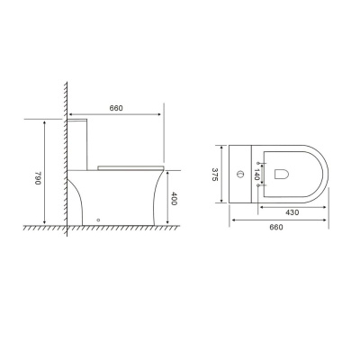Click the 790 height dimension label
click(x=38, y=178)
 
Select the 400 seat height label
click(x=174, y=199)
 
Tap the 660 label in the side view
click(x=116, y=108)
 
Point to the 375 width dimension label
click(x=215, y=174)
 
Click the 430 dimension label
click(x=292, y=212)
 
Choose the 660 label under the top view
click(x=275, y=227)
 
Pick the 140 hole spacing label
click(x=256, y=175)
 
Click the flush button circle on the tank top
click(x=240, y=174)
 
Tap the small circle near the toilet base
click(x=98, y=220)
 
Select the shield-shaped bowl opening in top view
click(x=282, y=174)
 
